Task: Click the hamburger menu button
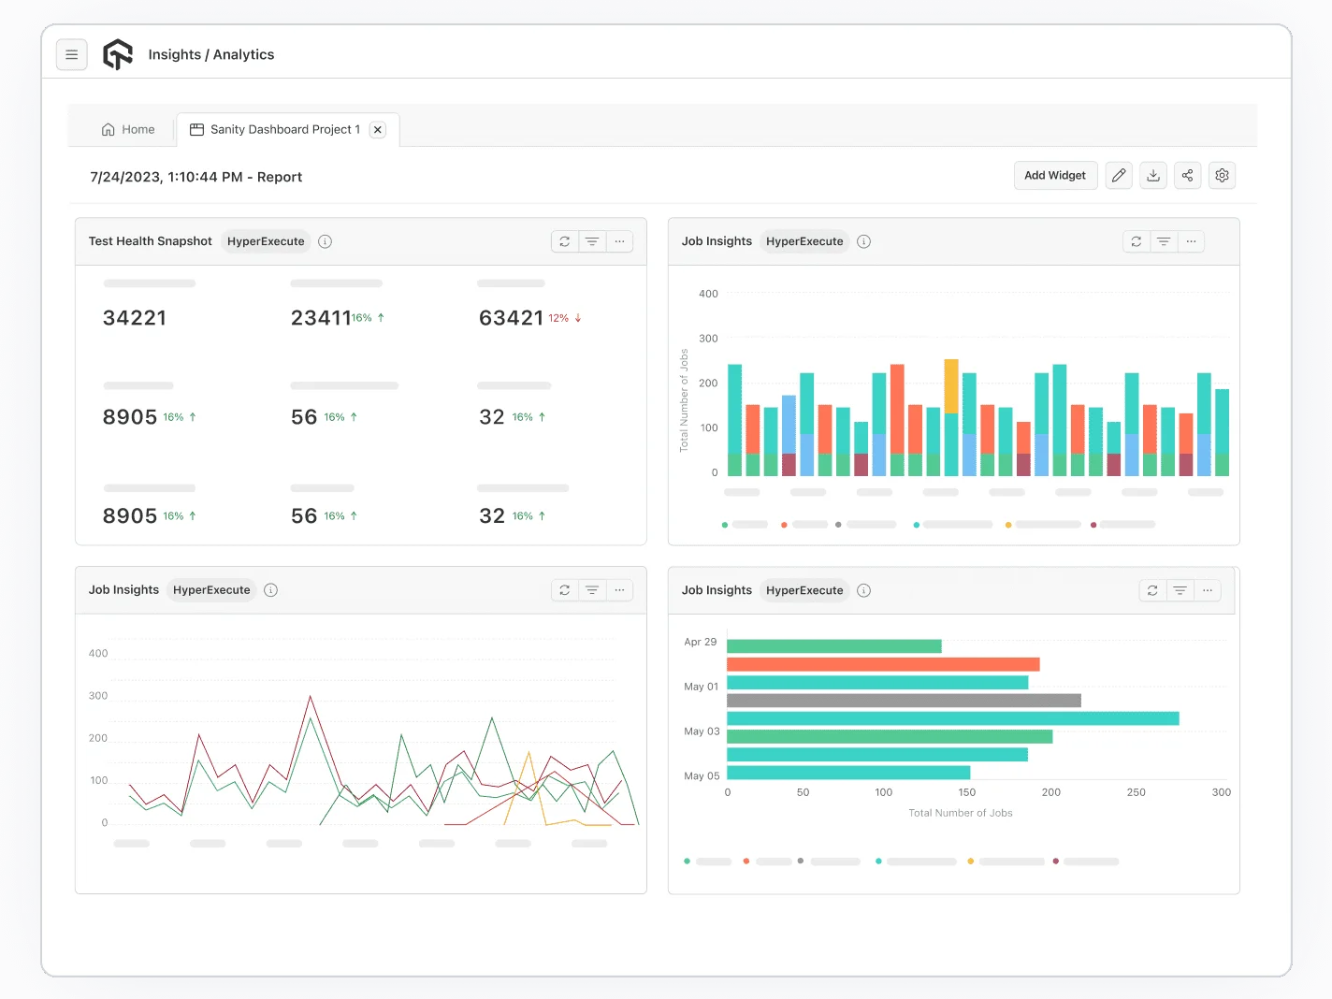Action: coord(72,55)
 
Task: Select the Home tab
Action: coord(128,130)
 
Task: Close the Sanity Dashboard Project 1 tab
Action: coord(378,130)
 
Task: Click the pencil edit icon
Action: coord(1119,176)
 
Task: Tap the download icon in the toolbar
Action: coord(1153,176)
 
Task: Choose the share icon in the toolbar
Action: coord(1187,176)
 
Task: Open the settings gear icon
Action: coord(1222,176)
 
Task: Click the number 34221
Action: coord(135,318)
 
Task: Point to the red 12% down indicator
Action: coord(565,318)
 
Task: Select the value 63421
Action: coord(511,318)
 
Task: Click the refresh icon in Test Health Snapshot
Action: coord(565,241)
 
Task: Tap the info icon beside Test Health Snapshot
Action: coord(326,241)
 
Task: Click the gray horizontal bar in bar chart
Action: coord(904,701)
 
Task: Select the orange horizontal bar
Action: coord(883,664)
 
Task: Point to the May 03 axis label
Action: coord(702,731)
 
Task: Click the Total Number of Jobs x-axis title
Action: coord(961,813)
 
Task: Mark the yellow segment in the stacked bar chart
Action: coord(951,386)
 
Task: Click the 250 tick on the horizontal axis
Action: coord(1136,792)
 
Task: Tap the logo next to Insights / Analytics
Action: coord(118,55)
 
